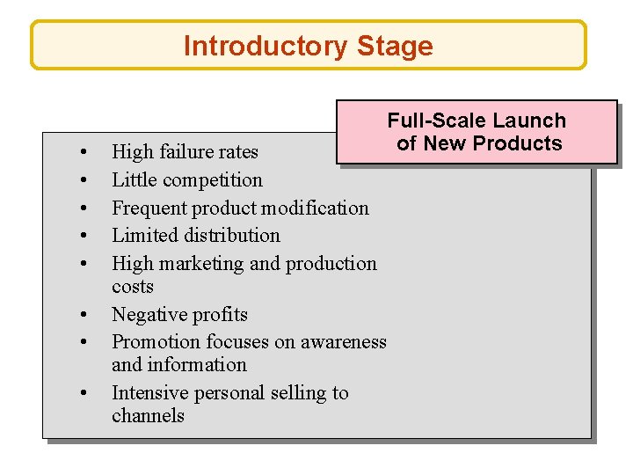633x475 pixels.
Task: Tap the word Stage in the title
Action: pyautogui.click(x=395, y=46)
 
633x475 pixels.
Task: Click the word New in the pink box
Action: pyautogui.click(x=448, y=143)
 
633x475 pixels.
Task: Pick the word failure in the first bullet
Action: pyautogui.click(x=187, y=151)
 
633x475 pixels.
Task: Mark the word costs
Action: pyautogui.click(x=133, y=287)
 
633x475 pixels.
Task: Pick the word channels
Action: pyautogui.click(x=149, y=415)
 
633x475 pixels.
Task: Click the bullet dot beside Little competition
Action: pyautogui.click(x=82, y=180)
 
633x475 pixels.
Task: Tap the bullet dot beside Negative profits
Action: pyautogui.click(x=82, y=315)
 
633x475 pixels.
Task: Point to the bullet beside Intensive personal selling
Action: pyautogui.click(x=82, y=393)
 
